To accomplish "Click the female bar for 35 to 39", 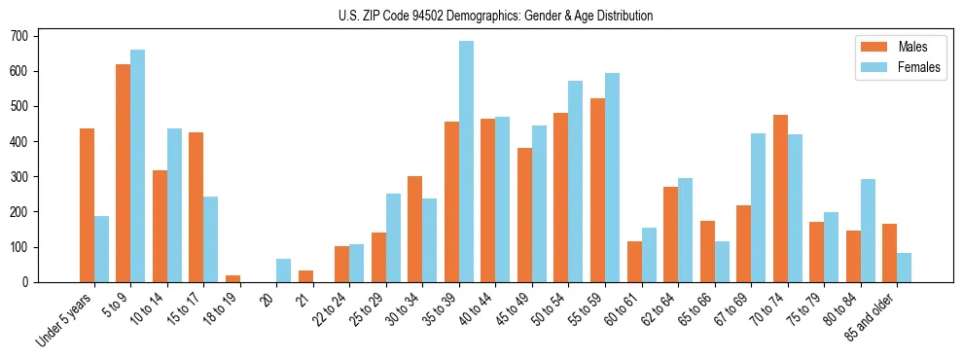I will (467, 162).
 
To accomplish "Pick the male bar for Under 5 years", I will (87, 205).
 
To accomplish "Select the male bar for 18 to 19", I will (232, 278).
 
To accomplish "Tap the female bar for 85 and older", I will (905, 268).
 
